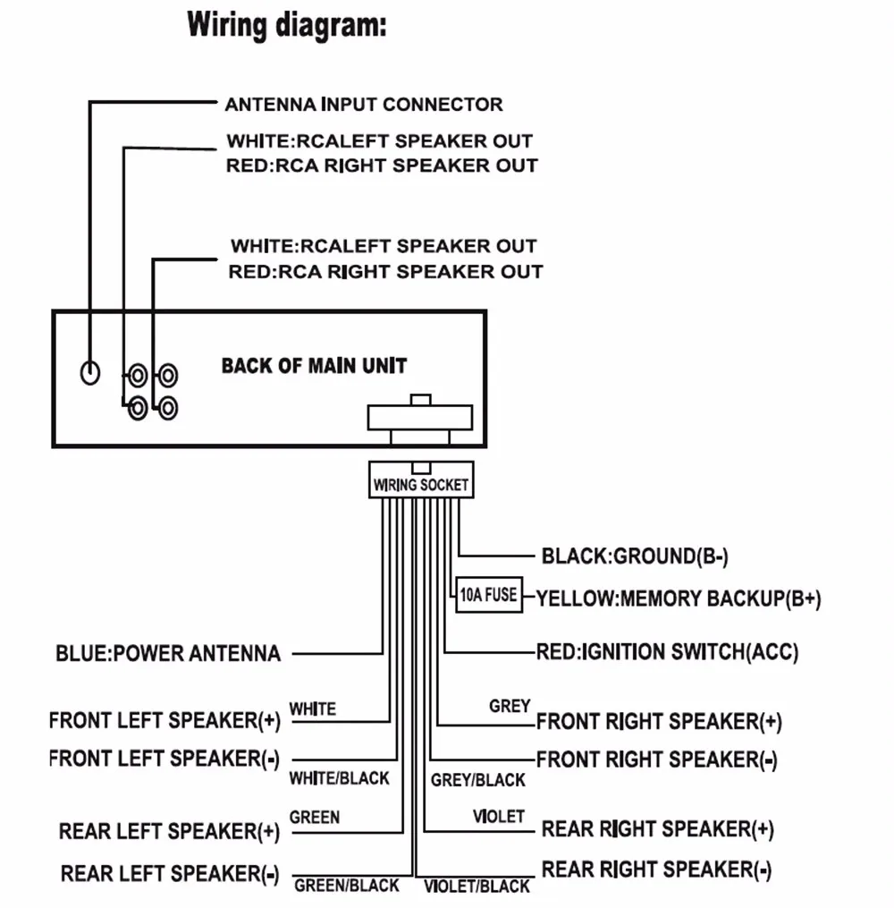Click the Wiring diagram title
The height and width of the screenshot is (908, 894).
[286, 25]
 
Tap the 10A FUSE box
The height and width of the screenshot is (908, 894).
[489, 595]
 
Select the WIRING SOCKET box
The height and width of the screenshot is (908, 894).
[421, 480]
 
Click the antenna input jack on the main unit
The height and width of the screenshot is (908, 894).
[90, 372]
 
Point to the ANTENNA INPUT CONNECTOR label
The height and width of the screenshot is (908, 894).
[364, 105]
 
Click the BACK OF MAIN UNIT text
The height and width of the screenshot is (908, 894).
[314, 366]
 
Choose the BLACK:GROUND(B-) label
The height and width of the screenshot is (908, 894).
[635, 556]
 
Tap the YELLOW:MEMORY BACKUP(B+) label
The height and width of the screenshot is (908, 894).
[679, 598]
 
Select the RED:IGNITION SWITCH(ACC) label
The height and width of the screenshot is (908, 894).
[668, 651]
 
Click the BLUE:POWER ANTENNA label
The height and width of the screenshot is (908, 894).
[168, 653]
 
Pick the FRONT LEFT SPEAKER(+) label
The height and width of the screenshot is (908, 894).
[164, 720]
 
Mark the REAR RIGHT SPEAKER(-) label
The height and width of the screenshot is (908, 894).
[657, 870]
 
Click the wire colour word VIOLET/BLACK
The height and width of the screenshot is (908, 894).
[477, 886]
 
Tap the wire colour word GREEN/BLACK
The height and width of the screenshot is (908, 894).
[347, 886]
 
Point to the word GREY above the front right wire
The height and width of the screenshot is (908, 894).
[510, 706]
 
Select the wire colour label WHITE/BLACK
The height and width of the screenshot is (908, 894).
[340, 778]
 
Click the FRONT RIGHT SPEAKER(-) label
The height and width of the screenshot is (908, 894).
[657, 759]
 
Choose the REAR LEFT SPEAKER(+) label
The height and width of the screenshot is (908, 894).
[169, 831]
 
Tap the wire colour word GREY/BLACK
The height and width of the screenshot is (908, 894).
[478, 780]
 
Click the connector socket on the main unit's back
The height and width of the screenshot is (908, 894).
[420, 418]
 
